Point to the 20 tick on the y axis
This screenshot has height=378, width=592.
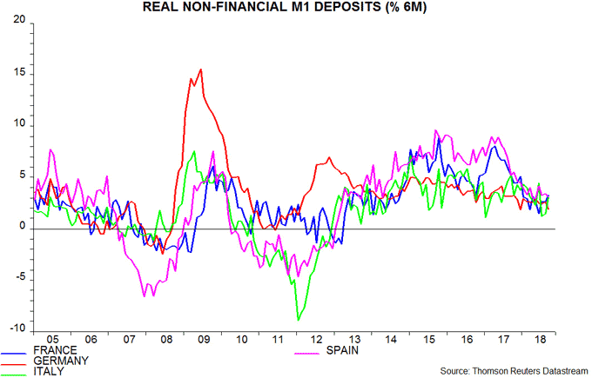[x=18, y=23]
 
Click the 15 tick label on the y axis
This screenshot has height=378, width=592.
[x=18, y=75]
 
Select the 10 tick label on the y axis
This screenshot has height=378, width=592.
[x=18, y=126]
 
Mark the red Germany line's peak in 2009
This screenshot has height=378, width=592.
[x=201, y=70]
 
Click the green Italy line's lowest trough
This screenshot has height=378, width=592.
[x=298, y=320]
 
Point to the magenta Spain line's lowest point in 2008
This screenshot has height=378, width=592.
[x=145, y=296]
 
